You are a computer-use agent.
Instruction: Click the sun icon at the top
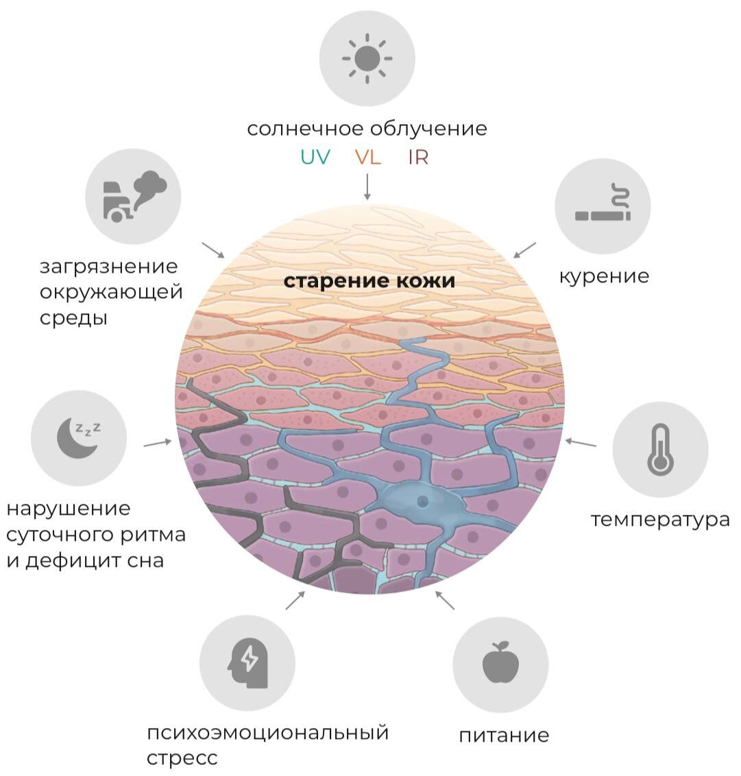tap(367, 58)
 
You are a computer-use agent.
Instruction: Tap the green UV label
tap(315, 157)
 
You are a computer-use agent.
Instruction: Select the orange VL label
tap(367, 157)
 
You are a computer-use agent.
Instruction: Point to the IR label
tap(418, 157)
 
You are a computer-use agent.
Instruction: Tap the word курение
tap(604, 276)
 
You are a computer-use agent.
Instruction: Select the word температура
tap(660, 519)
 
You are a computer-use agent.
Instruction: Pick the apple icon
tap(500, 662)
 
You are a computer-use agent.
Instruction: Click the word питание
tap(504, 736)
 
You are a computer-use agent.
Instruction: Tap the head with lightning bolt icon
tap(247, 663)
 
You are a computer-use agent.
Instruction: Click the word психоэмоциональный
tap(267, 732)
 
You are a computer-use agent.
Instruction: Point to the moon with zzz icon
tap(78, 437)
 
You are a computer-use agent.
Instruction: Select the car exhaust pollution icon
tap(134, 196)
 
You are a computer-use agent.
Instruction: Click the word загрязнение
tap(108, 266)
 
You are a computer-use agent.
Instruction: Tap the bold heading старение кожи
tap(369, 281)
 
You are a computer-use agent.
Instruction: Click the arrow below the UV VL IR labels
tap(367, 186)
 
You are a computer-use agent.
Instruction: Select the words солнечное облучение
tap(367, 128)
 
